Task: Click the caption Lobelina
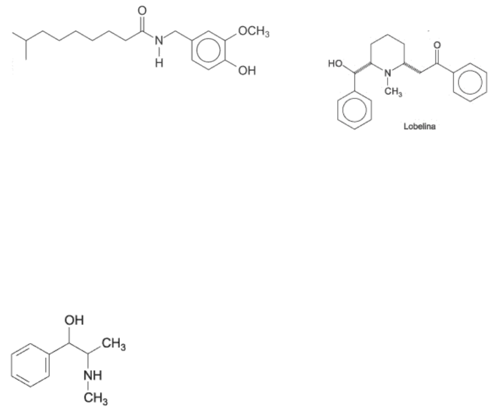[x=420, y=127]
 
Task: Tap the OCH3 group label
[x=254, y=32]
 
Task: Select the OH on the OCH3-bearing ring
[x=246, y=71]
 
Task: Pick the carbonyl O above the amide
[x=141, y=11]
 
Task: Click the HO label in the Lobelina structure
[x=335, y=64]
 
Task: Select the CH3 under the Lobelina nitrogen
[x=394, y=92]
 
